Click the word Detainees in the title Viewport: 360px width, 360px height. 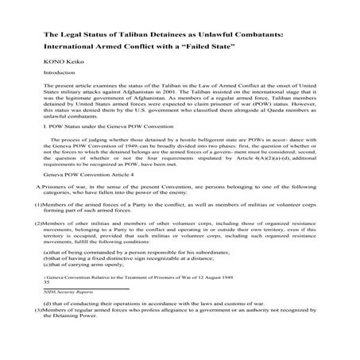pos(185,36)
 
